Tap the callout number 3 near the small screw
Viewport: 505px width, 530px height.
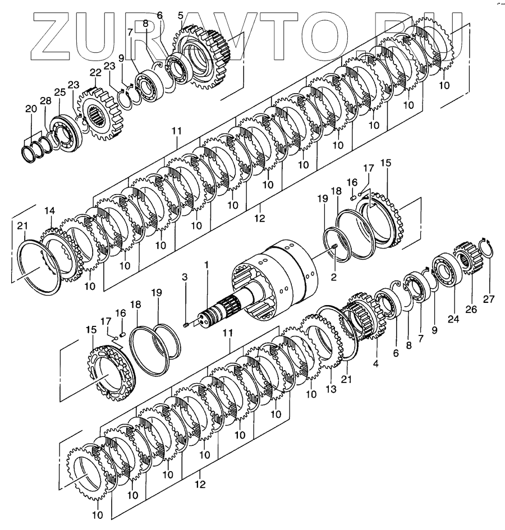pyautogui.click(x=185, y=276)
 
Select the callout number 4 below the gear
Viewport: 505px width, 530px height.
pyautogui.click(x=375, y=363)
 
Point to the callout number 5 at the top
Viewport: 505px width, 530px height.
pyautogui.click(x=180, y=15)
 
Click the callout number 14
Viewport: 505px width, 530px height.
pyautogui.click(x=50, y=210)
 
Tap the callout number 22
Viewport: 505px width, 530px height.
pyautogui.click(x=95, y=73)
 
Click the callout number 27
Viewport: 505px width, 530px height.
pyautogui.click(x=489, y=299)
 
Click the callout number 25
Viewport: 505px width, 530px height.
pyautogui.click(x=59, y=91)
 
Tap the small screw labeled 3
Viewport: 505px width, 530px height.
pyautogui.click(x=185, y=324)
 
